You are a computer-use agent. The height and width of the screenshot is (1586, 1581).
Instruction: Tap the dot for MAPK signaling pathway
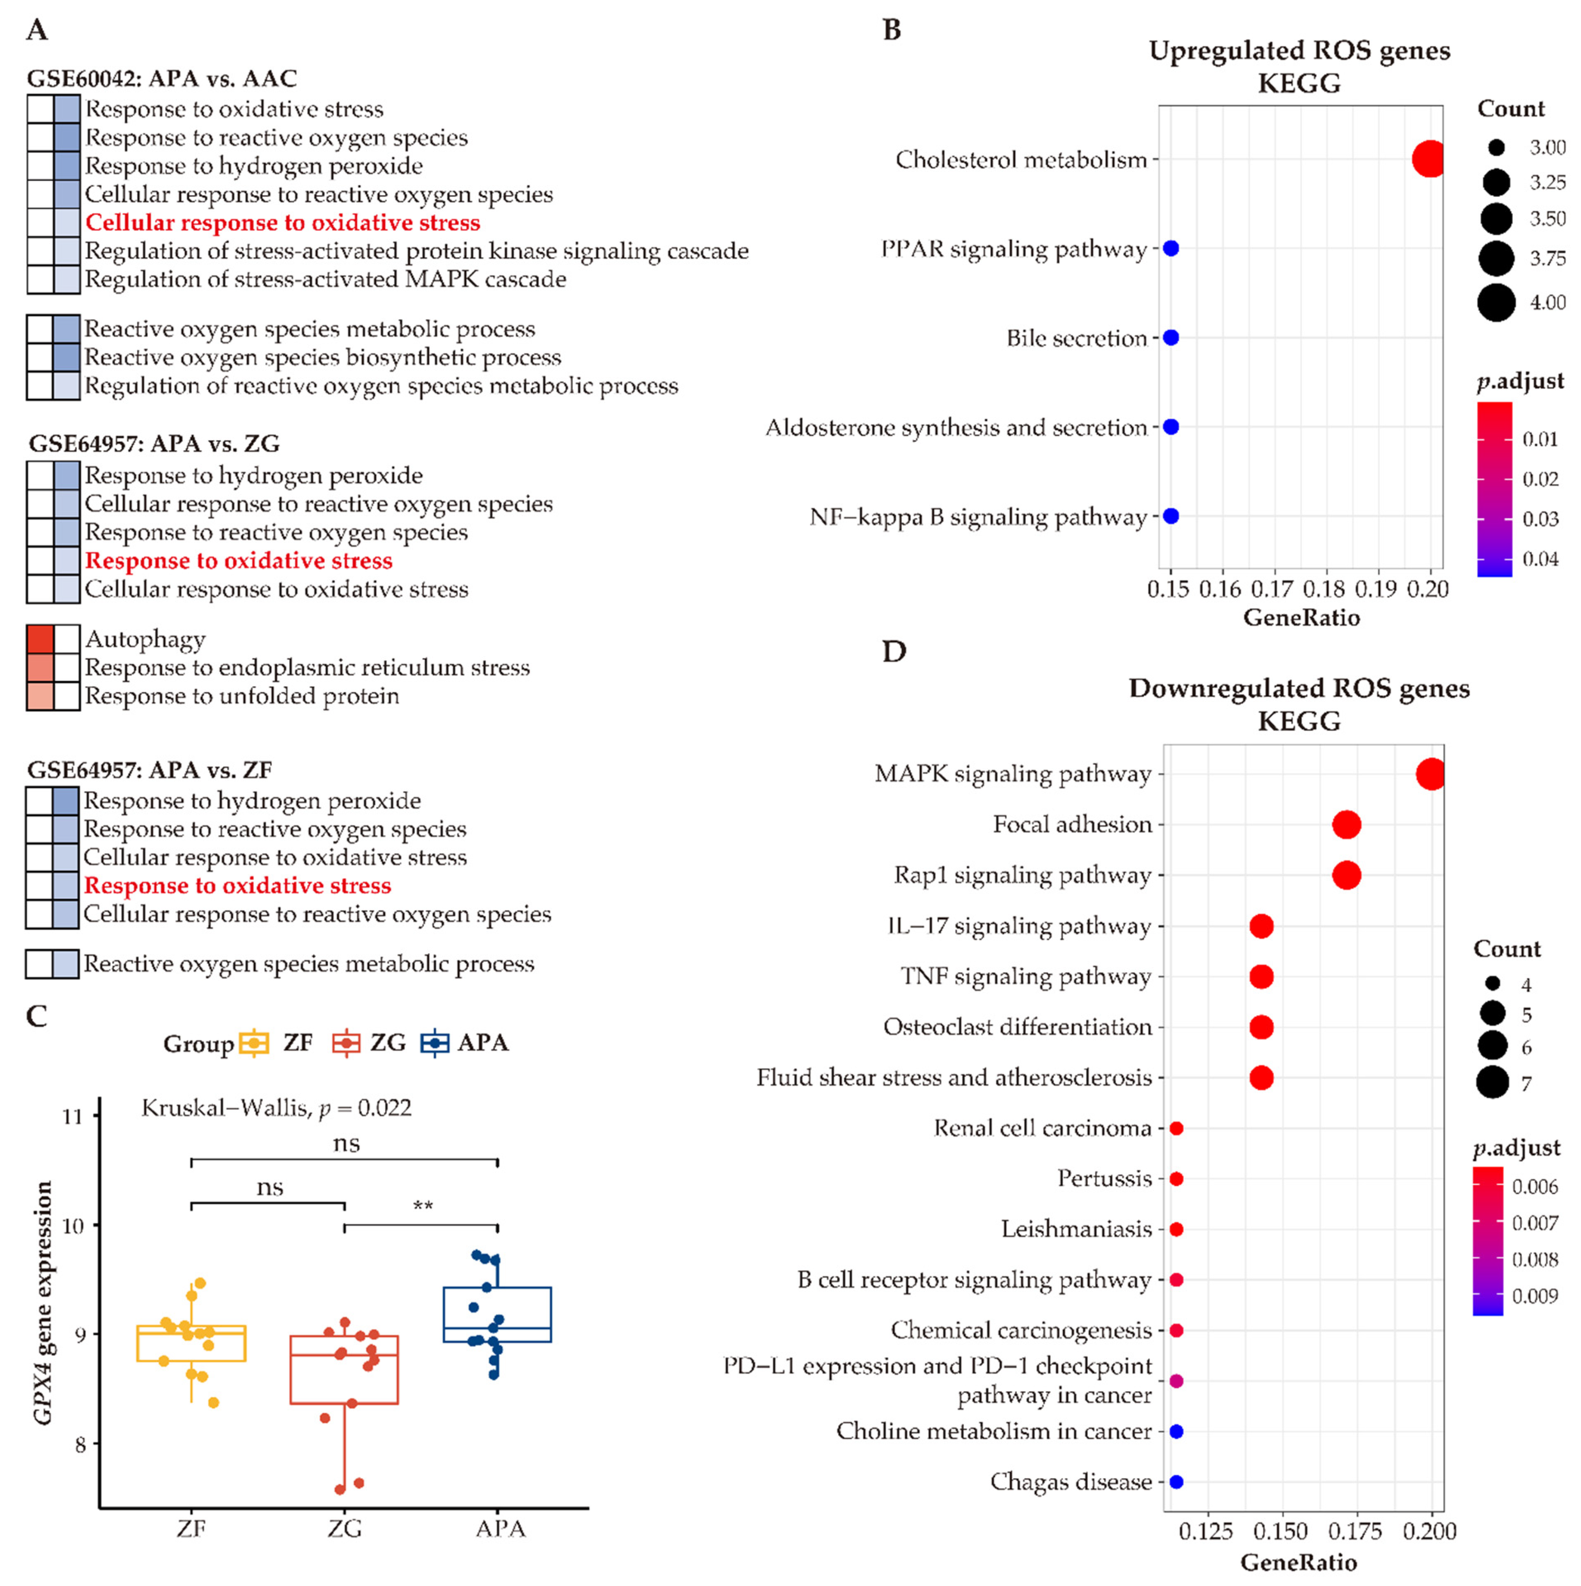coord(1431,774)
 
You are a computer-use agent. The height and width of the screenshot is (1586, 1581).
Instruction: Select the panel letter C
coord(37,1016)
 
